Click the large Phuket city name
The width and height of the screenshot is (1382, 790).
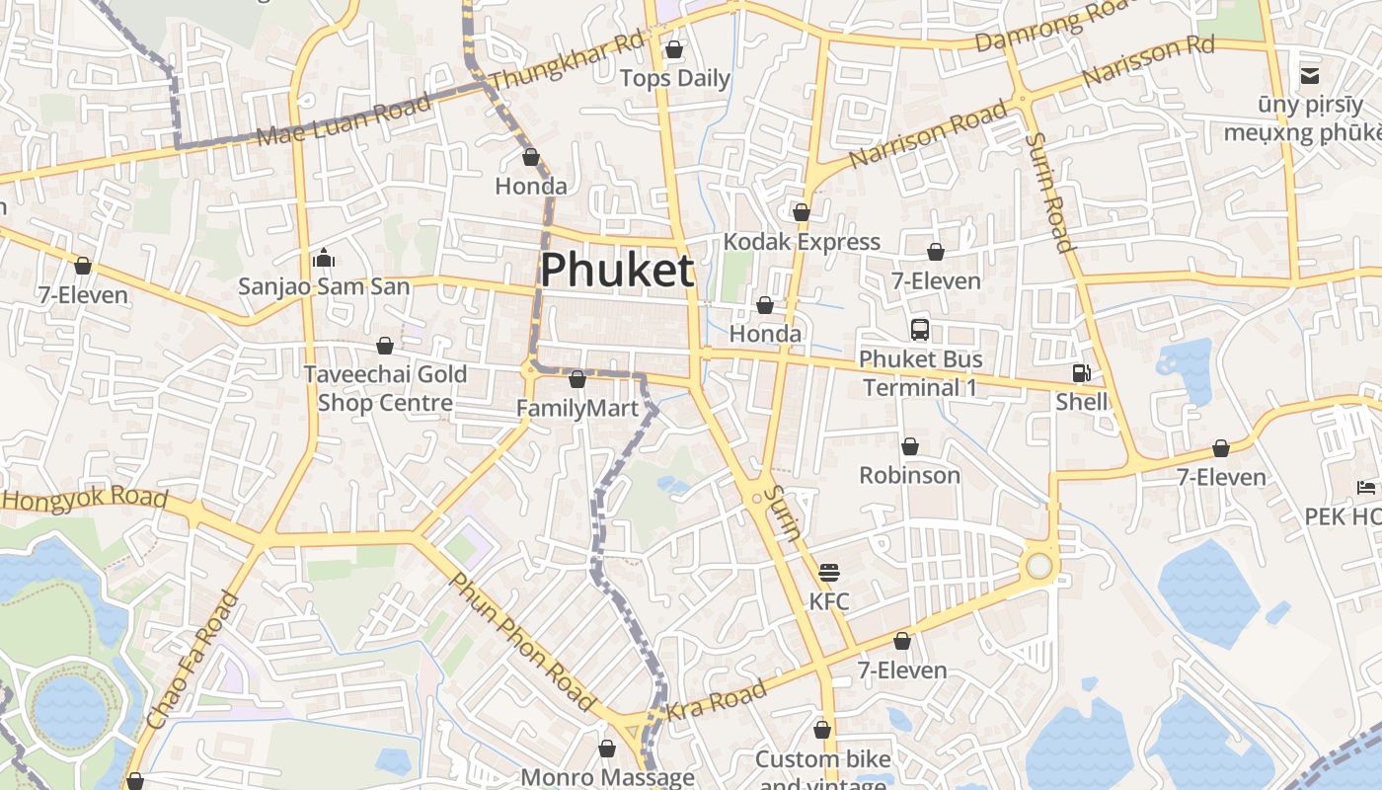(617, 270)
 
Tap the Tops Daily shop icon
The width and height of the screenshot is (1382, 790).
(674, 49)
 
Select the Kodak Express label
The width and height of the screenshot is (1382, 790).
(801, 242)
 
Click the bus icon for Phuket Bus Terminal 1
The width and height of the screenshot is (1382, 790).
(920, 329)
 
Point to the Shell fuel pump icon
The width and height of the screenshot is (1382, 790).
(1082, 373)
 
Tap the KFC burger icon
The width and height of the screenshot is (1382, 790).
(828, 573)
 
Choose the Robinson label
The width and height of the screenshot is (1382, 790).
(909, 475)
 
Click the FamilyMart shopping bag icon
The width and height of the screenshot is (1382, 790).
(577, 379)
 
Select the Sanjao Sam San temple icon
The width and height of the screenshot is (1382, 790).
(323, 259)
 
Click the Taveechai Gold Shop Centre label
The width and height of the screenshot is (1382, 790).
(385, 388)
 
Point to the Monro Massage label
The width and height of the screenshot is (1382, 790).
(607, 777)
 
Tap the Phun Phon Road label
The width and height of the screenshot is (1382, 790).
(523, 640)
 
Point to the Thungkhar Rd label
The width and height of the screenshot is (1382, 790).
(567, 59)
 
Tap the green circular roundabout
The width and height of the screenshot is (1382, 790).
(1038, 566)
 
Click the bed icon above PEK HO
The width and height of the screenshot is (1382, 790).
(1366, 488)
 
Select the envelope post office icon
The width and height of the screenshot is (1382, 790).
(1310, 75)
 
